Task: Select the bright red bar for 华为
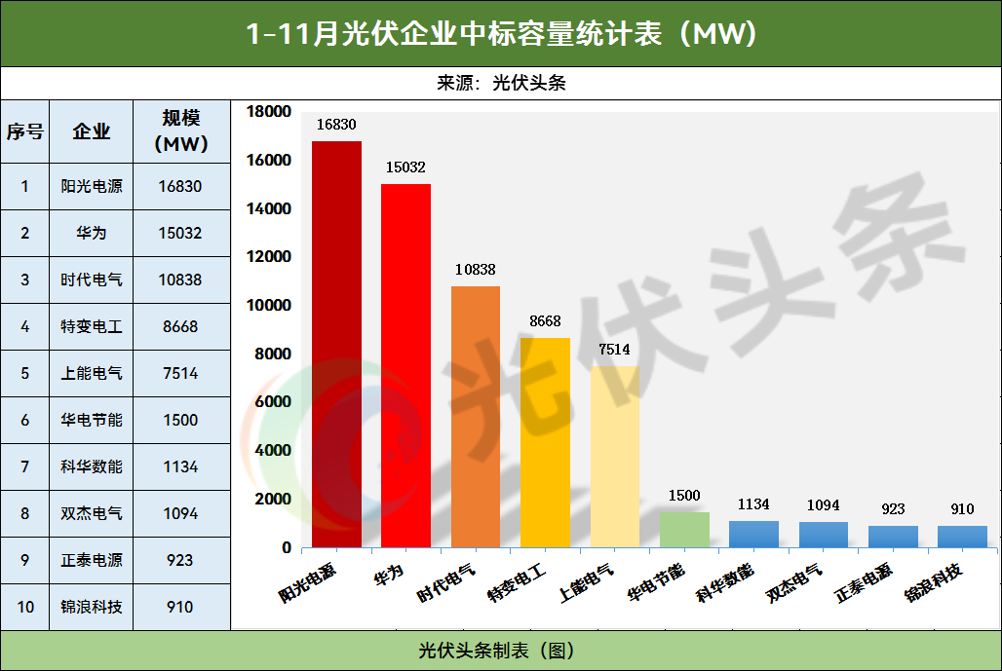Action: tap(405, 365)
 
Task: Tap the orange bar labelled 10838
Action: tap(476, 417)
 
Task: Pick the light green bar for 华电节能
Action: tap(684, 530)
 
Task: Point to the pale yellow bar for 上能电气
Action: tap(615, 457)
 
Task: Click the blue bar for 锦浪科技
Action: tap(962, 537)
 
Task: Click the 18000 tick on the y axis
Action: tap(270, 112)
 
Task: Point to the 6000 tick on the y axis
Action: tap(274, 402)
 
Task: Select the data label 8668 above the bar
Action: tap(545, 321)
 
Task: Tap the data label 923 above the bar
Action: tap(893, 508)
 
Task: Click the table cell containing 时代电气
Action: tap(92, 280)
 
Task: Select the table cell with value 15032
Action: tap(180, 233)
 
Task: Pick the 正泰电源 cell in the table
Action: tap(92, 560)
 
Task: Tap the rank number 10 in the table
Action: tap(25, 607)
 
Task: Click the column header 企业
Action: tap(92, 131)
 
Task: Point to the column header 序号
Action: tap(25, 131)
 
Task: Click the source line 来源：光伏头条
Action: tap(501, 83)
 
